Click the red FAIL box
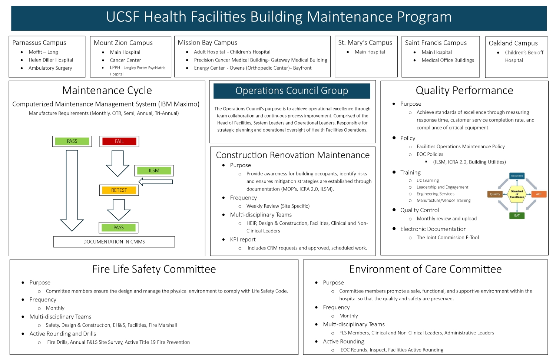[x=119, y=141]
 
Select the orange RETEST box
[x=119, y=190]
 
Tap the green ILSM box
[x=154, y=171]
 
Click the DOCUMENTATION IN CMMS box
[x=114, y=242]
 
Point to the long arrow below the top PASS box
[x=72, y=189]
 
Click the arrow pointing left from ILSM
[x=156, y=182]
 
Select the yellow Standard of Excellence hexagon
[x=517, y=194]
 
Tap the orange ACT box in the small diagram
[x=539, y=194]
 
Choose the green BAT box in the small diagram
[x=517, y=215]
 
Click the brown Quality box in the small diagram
[x=495, y=194]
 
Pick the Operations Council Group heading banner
[x=292, y=91]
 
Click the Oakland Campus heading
[x=513, y=43]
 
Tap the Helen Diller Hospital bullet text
[x=51, y=60]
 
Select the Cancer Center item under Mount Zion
[x=125, y=60]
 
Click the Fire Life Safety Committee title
[x=154, y=269]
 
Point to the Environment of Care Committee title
[x=426, y=269]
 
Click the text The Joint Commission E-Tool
[x=448, y=238]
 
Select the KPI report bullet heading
[x=243, y=240]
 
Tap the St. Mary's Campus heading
[x=365, y=43]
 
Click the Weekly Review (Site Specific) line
[x=278, y=206]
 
